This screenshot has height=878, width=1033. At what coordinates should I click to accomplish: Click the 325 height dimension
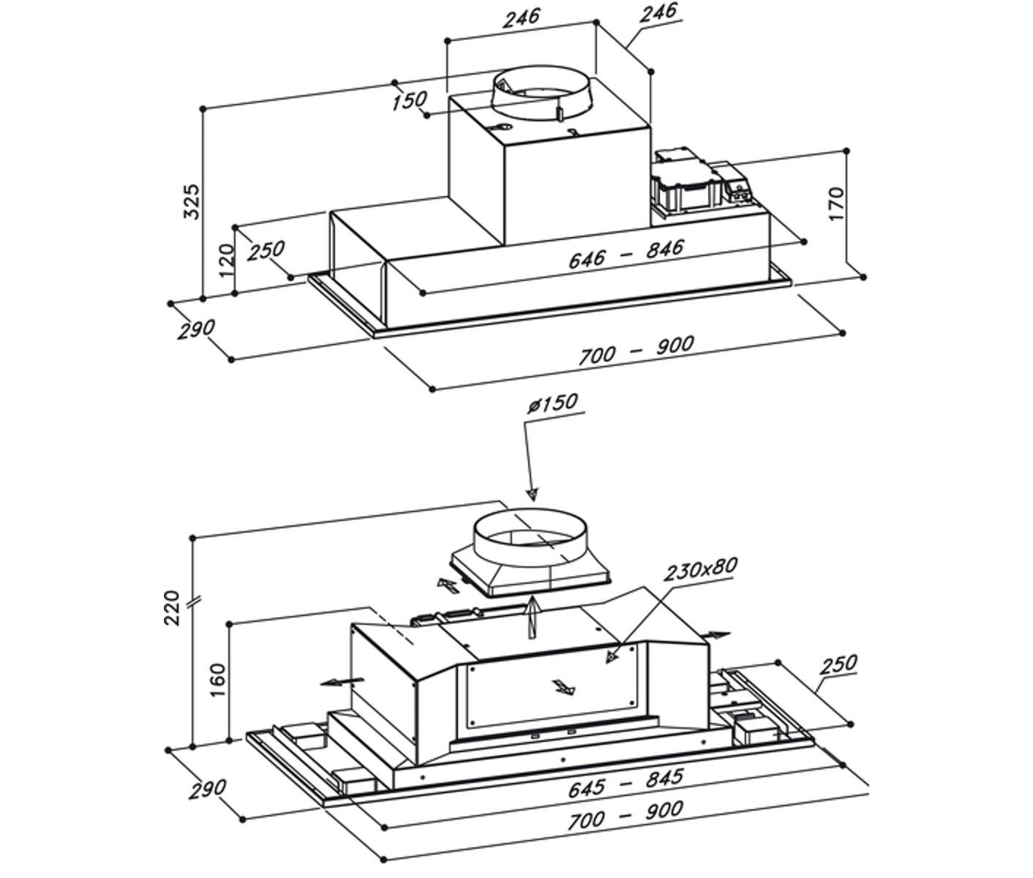tap(191, 200)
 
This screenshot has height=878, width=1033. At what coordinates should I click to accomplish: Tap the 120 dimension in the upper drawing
tap(226, 257)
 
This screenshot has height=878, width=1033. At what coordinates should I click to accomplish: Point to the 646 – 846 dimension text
tap(626, 252)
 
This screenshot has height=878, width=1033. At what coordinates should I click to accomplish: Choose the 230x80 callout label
tap(700, 569)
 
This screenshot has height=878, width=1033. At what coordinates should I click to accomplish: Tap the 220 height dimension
tap(173, 607)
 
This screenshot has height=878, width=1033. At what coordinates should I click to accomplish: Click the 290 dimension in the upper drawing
tap(195, 329)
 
